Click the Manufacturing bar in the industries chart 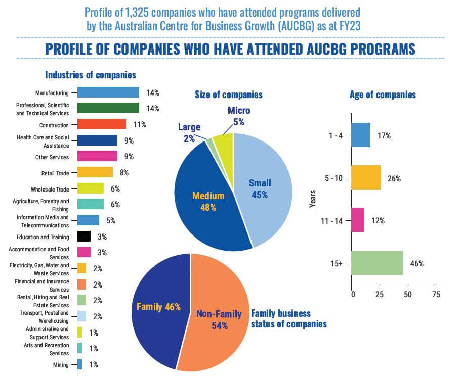[x=108, y=92]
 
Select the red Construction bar [x=101, y=124]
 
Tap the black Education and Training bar [x=83, y=236]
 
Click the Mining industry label [x=61, y=364]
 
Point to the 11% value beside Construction [x=140, y=124]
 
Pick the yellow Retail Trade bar [x=95, y=172]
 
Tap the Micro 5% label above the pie [x=239, y=116]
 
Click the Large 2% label [x=189, y=132]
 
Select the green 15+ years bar [x=377, y=263]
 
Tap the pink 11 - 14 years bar [x=358, y=220]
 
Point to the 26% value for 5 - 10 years [x=394, y=178]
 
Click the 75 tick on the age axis [x=434, y=294]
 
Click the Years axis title [x=312, y=199]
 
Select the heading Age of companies [x=383, y=94]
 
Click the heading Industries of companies [x=91, y=75]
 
